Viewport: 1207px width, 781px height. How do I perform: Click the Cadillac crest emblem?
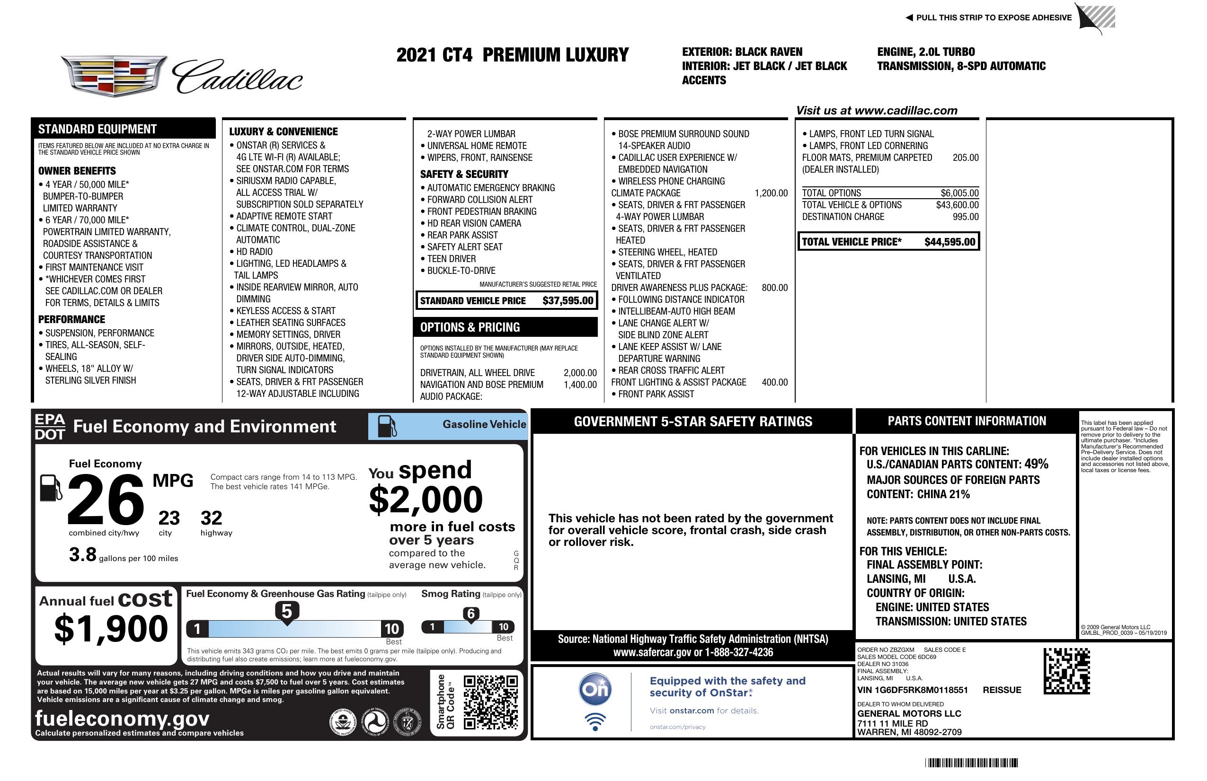tap(114, 76)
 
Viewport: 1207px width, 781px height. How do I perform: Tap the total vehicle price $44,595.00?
tap(950, 242)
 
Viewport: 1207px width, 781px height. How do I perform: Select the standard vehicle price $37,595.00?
tap(568, 300)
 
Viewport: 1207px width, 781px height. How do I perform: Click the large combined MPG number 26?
tap(106, 500)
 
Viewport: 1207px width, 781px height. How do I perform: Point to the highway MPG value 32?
tap(211, 518)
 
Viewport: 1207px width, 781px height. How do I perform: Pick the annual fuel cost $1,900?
tap(111, 629)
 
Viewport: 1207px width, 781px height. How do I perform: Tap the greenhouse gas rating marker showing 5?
tap(286, 612)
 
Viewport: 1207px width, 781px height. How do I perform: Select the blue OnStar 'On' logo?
tap(595, 690)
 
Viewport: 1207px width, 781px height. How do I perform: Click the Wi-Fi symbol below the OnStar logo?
tap(595, 721)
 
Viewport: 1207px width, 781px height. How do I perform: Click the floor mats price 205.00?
tap(965, 158)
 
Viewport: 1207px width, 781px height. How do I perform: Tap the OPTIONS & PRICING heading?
tap(470, 327)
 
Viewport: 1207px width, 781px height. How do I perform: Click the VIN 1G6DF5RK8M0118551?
tap(912, 690)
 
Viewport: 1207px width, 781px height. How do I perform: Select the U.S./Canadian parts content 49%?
tap(1036, 464)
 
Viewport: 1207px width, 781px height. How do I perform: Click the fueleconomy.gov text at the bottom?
tap(122, 719)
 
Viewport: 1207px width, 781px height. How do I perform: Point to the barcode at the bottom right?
tap(971, 763)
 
